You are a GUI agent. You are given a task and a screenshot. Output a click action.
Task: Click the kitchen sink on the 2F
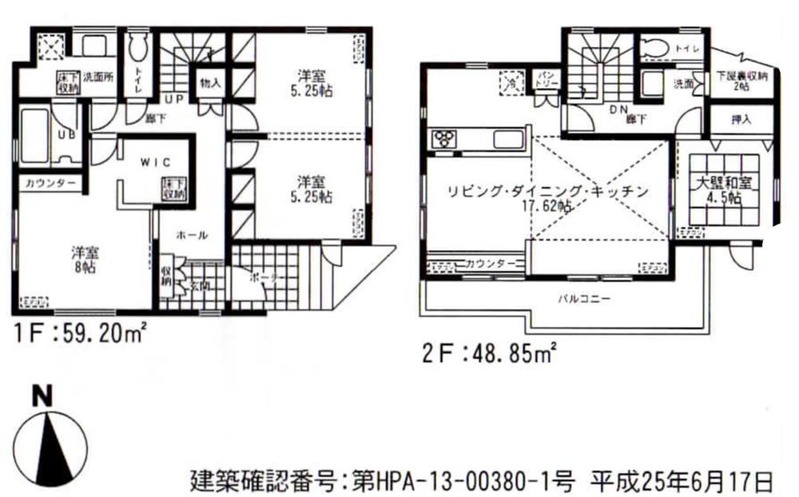508,139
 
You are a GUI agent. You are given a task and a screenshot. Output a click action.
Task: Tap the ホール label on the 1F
193,235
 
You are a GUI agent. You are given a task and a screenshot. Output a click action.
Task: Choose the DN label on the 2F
618,109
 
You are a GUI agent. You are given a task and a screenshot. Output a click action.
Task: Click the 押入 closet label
741,120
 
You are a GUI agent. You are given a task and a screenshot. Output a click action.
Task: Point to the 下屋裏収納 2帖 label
741,81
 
